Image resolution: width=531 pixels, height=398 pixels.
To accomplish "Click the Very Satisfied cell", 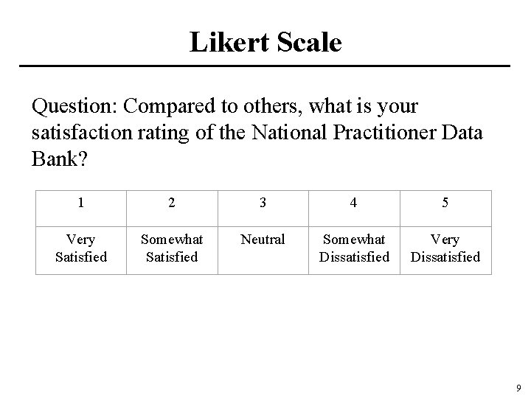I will coord(80,248).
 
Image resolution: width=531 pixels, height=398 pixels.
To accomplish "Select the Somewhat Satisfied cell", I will coord(172,248).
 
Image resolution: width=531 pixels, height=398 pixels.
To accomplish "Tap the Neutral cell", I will coord(263,240).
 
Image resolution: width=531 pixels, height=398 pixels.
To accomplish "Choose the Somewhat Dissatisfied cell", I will coord(354,248).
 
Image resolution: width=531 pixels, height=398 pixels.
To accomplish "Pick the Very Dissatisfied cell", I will coord(445,248).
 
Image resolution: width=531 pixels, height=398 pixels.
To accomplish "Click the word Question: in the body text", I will coord(74,108).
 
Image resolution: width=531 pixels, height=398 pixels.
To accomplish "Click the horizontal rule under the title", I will coord(265,66).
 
